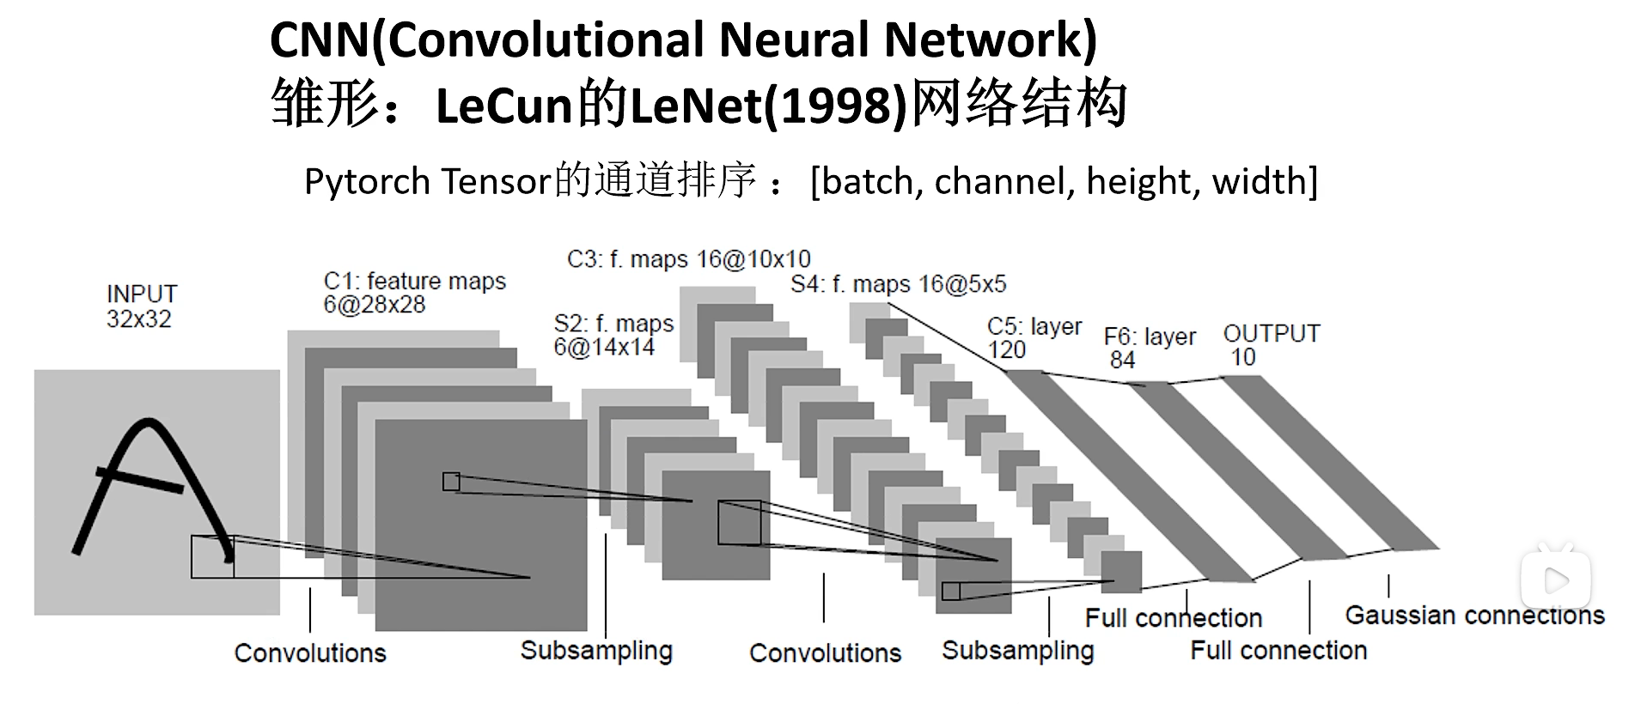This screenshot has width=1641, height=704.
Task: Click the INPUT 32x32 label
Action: pos(141,306)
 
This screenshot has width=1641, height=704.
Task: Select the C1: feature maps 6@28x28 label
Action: pos(414,293)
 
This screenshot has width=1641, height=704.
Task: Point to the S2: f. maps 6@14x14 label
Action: pos(613,335)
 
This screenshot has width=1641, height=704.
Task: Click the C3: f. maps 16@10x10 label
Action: pos(688,258)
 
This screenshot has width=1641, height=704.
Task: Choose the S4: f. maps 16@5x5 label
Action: pos(898,284)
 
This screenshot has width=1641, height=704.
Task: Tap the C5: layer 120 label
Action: pos(1034,338)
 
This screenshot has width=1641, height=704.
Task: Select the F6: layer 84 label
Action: pos(1149,348)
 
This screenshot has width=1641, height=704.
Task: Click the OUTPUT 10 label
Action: pos(1271,345)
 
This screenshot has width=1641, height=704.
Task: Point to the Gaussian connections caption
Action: pos(1474,615)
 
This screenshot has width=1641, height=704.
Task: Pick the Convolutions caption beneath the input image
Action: pos(310,653)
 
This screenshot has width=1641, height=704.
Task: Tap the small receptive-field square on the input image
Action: pos(212,556)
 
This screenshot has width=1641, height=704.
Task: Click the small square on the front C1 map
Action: pos(451,482)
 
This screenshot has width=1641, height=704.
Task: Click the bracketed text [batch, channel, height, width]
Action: pos(1064,181)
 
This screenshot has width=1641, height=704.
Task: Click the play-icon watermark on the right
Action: pos(1555,580)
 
